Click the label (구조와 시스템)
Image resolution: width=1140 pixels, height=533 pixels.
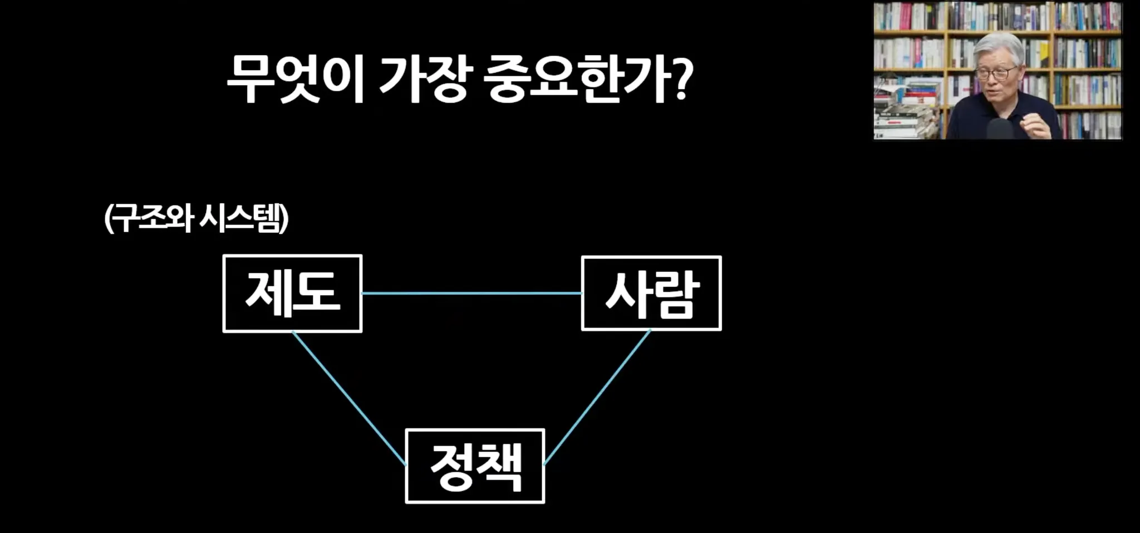(196, 219)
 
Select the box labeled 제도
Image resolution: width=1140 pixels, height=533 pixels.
(292, 294)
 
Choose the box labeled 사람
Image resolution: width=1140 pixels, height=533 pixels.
(651, 294)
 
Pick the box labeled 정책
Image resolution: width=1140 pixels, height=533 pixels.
(475, 466)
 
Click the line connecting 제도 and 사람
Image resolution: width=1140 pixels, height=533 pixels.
(471, 294)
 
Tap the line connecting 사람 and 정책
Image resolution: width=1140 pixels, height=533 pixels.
(597, 398)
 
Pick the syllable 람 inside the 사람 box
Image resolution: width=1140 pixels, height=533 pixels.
(675, 295)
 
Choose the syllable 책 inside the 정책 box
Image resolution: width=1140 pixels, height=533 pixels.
(499, 467)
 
